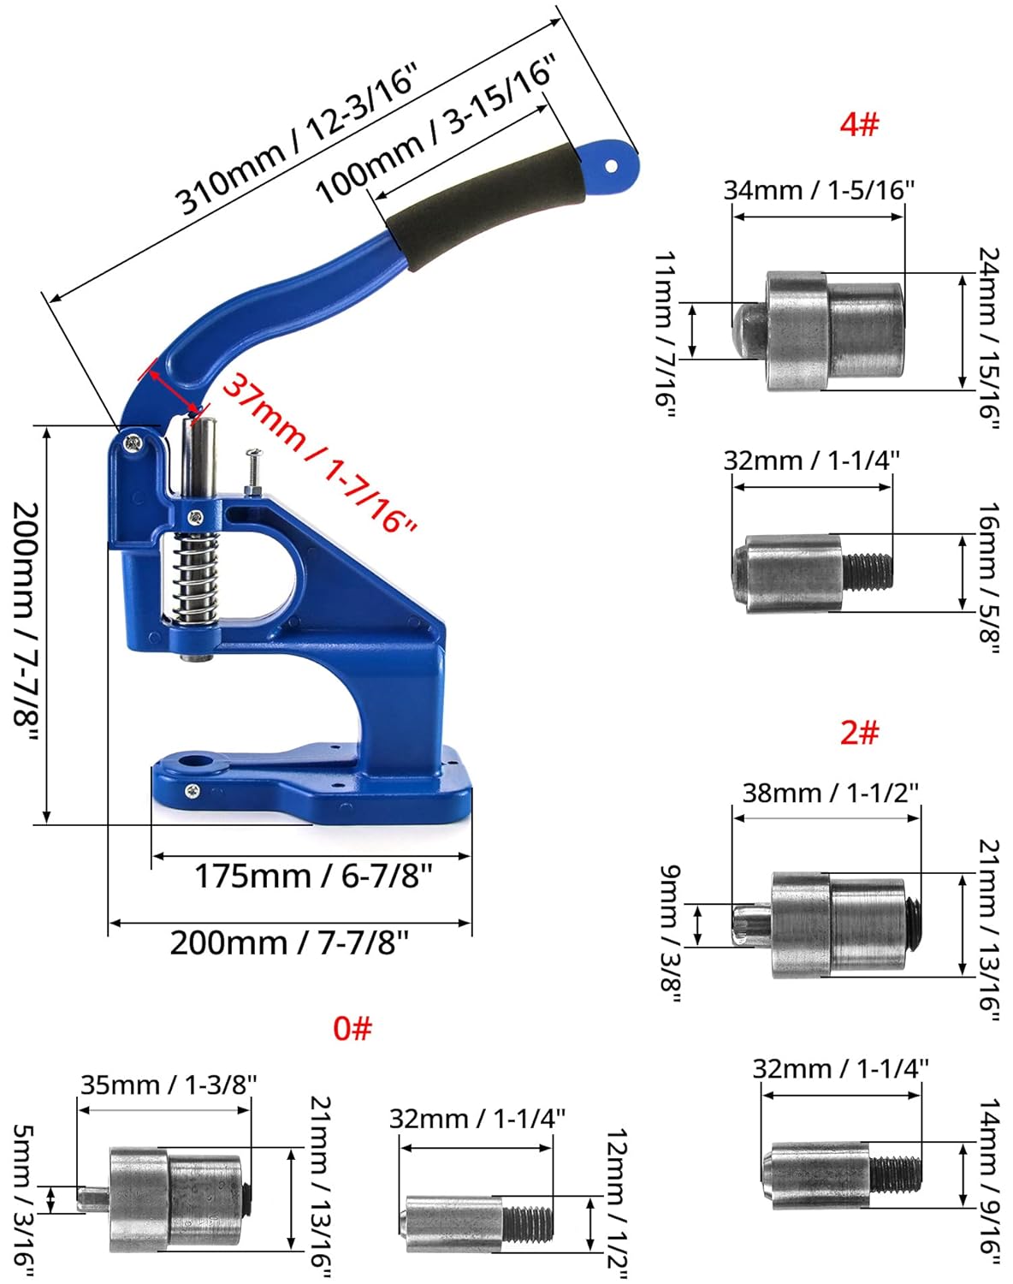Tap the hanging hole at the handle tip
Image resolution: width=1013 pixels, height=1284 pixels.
[611, 166]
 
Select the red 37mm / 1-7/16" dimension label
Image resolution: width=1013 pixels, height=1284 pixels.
[318, 455]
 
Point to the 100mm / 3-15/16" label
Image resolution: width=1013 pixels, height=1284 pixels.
[436, 128]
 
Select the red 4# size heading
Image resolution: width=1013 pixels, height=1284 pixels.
[859, 124]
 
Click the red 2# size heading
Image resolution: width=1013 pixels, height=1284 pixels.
[859, 733]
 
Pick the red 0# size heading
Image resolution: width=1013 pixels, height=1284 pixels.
[352, 1028]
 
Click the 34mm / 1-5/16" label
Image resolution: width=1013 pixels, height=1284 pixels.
[819, 190]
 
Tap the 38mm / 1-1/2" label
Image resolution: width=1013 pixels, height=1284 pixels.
[830, 793]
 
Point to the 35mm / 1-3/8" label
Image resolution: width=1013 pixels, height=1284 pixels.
[169, 1085]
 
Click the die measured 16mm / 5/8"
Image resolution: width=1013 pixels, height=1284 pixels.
[809, 573]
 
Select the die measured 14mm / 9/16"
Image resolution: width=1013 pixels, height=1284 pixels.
[838, 1174]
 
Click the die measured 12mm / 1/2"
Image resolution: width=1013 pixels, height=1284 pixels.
[475, 1221]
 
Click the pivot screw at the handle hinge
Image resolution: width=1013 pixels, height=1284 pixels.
[134, 443]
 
